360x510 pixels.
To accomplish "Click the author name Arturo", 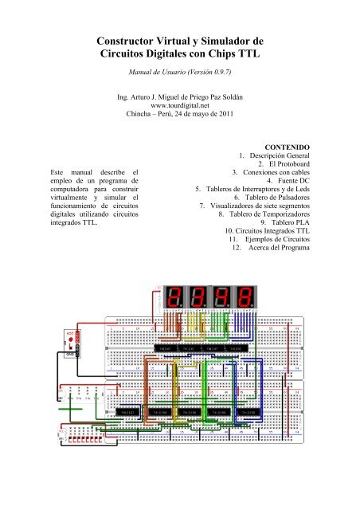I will pyautogui.click(x=145, y=102).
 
